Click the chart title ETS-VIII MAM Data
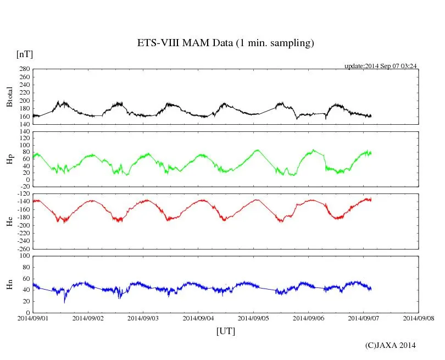point(225,43)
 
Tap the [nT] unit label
point(25,54)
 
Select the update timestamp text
point(381,66)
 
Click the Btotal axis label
point(9,97)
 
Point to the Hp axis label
point(9,159)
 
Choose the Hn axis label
point(9,284)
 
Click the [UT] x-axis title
point(226,331)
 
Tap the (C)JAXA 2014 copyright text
point(391,345)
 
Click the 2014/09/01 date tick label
point(33,318)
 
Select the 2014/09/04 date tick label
point(198,318)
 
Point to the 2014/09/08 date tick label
point(419,318)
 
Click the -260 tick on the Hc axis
point(23,249)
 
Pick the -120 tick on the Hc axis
point(23,194)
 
